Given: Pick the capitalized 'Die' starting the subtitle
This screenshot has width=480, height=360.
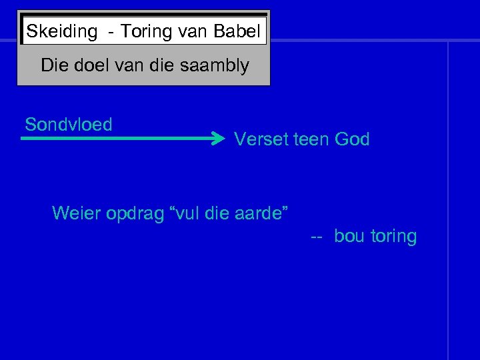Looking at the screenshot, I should [x=54, y=65].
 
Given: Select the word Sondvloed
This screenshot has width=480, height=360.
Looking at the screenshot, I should [x=68, y=125].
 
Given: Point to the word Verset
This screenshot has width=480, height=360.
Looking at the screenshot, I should [x=261, y=139].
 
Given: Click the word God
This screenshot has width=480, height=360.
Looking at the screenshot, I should [x=353, y=139].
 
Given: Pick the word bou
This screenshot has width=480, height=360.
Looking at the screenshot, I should [x=349, y=236].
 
